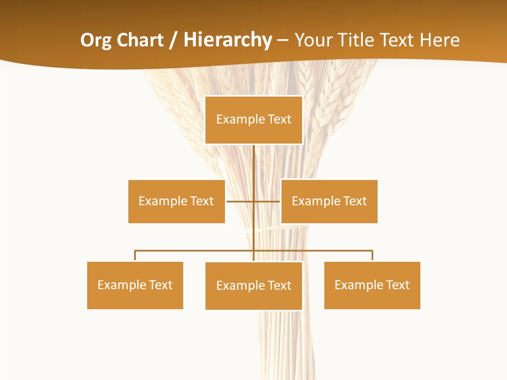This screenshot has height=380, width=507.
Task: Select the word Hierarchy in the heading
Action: [x=227, y=40]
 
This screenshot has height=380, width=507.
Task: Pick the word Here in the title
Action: [x=439, y=40]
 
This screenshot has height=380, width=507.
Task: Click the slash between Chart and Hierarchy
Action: [x=173, y=40]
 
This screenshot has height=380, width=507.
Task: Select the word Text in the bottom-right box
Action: [x=397, y=285]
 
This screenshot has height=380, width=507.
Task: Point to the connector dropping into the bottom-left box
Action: [x=135, y=255]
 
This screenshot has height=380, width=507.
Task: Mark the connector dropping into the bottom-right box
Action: [x=372, y=255]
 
